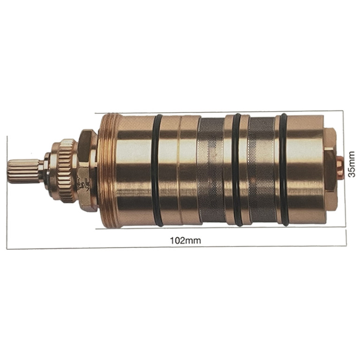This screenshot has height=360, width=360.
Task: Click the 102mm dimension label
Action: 185,240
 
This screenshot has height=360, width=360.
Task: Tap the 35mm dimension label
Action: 352,164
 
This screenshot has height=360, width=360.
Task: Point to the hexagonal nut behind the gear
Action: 87,170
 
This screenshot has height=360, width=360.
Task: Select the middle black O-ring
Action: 237,170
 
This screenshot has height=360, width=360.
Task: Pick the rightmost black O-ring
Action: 283,169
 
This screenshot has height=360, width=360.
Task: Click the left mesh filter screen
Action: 211,170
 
